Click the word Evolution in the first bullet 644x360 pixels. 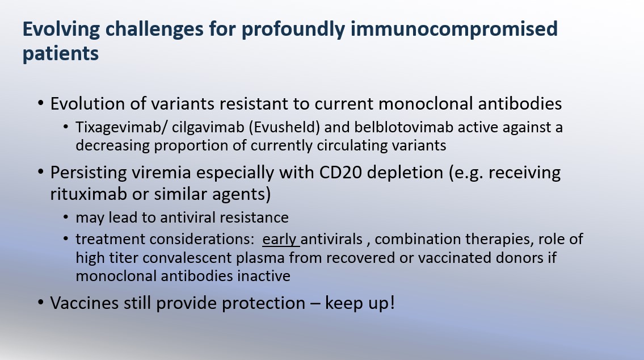[x=87, y=104]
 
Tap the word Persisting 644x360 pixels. [x=88, y=173]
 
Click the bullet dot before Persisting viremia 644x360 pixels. [x=40, y=173]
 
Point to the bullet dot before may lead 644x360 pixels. [x=68, y=218]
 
